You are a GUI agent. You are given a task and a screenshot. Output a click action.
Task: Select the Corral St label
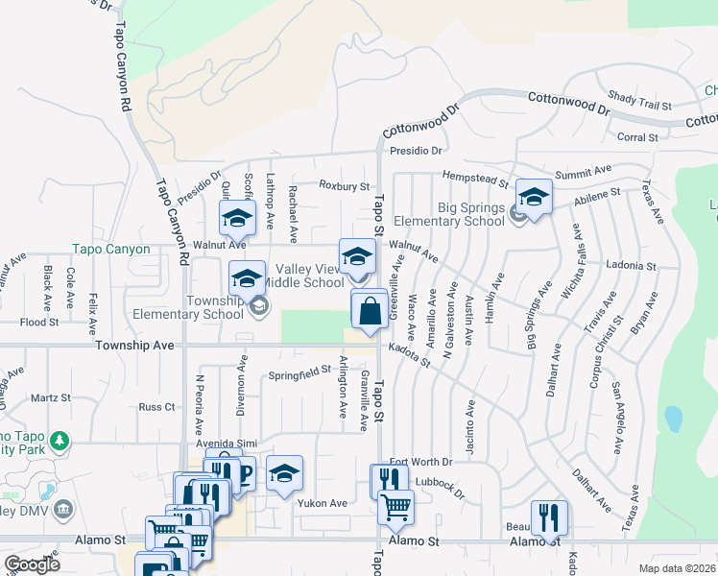point(637,137)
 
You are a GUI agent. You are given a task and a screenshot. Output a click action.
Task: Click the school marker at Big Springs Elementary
point(534,197)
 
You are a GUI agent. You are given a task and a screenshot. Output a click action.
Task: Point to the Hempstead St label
point(474,178)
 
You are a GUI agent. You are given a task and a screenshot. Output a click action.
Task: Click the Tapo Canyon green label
point(111,250)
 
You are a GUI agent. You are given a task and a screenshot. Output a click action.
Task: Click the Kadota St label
point(410,356)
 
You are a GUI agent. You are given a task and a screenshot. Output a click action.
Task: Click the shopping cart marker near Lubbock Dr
point(395,504)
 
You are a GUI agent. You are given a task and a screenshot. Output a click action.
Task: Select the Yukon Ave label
point(323,503)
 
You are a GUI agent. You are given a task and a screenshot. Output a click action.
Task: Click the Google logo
point(31,564)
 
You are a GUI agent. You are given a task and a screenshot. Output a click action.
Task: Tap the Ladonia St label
point(631,266)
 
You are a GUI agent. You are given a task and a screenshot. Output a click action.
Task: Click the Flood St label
point(38,323)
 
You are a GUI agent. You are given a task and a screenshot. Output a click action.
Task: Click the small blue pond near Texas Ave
point(673,419)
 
